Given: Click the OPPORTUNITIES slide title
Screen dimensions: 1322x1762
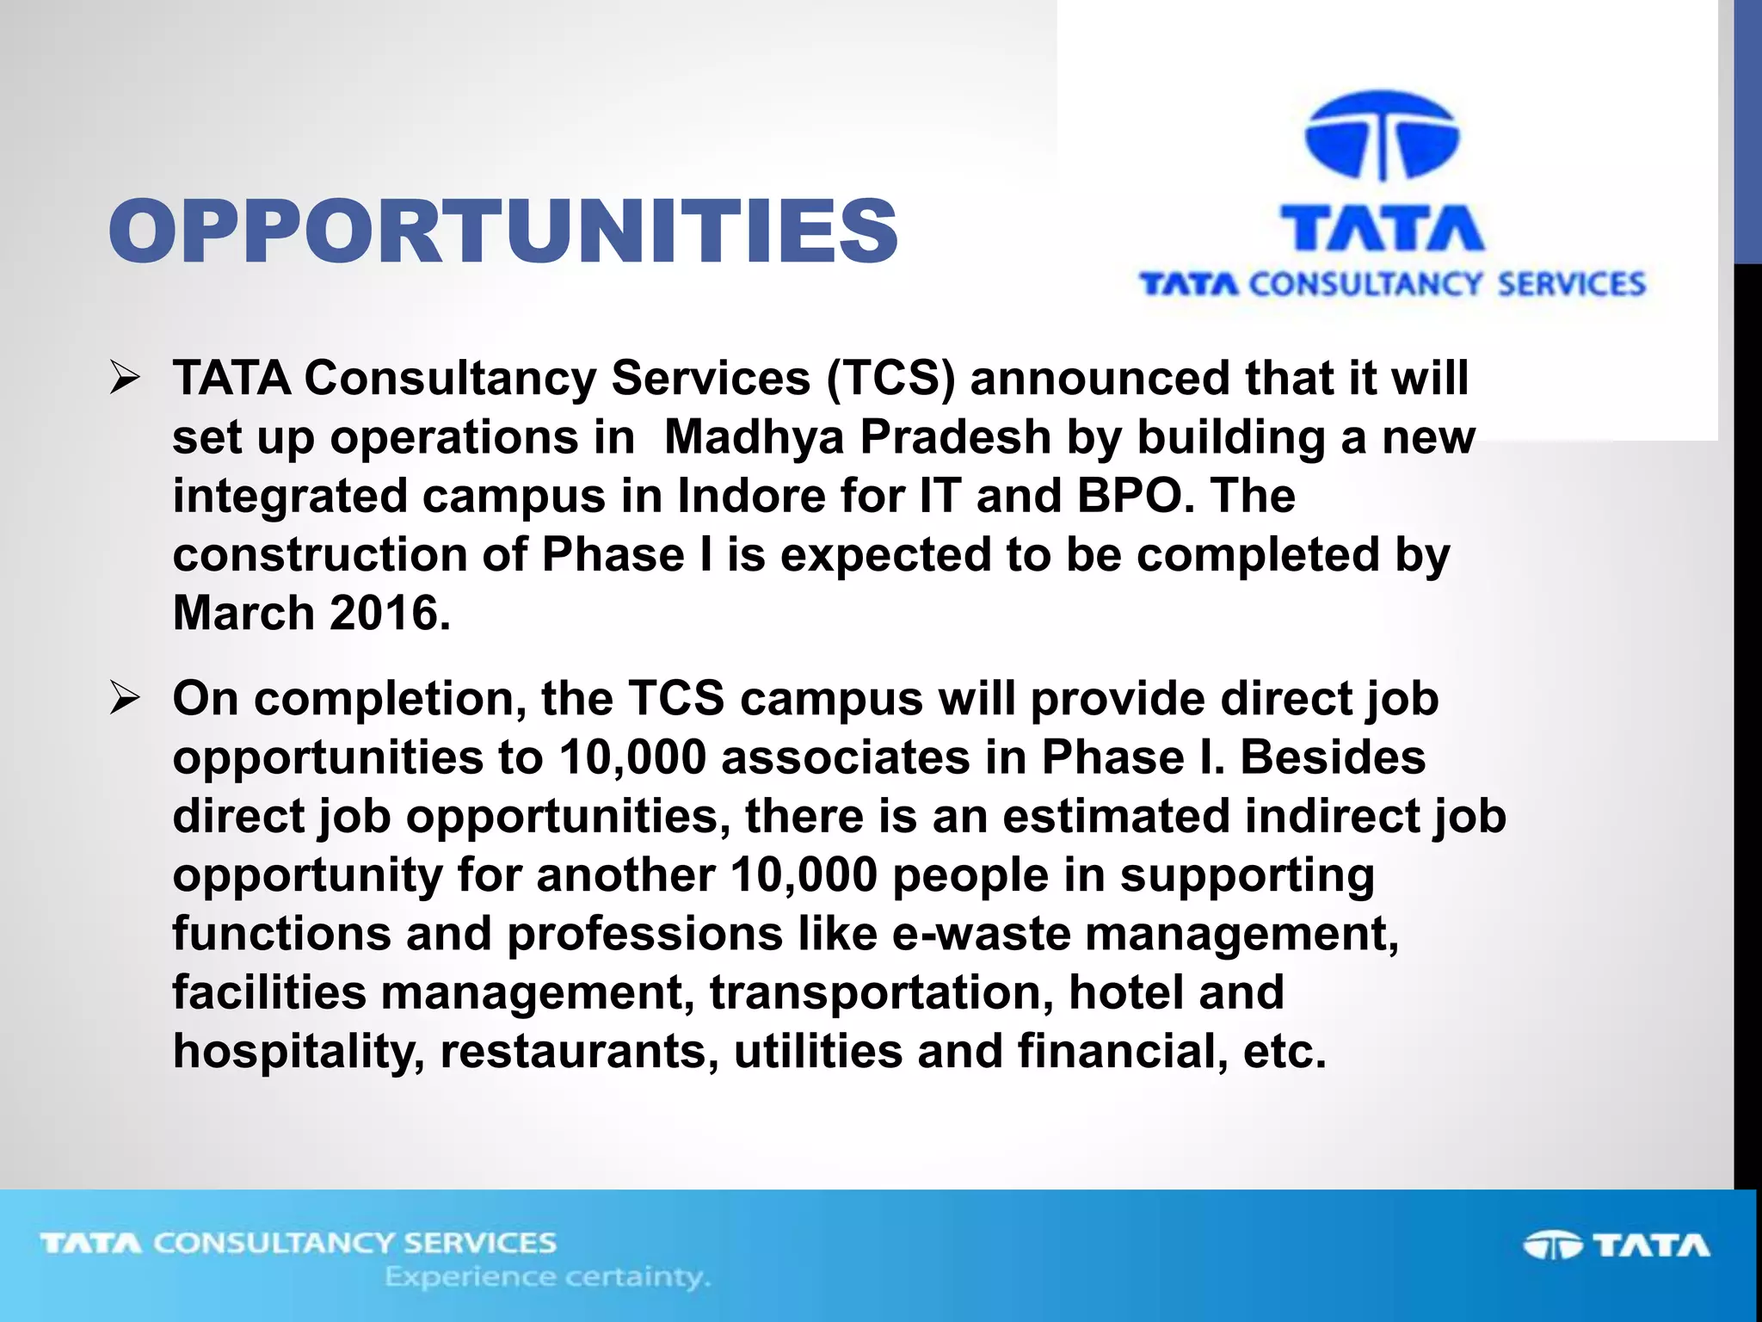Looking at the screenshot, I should click(503, 231).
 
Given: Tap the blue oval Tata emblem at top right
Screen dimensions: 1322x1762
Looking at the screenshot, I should click(1382, 136).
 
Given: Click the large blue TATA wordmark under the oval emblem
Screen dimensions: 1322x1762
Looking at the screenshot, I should click(1383, 228).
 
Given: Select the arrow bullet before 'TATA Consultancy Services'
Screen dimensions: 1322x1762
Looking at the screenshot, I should click(125, 379).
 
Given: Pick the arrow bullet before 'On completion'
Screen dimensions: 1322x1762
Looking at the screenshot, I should click(125, 699).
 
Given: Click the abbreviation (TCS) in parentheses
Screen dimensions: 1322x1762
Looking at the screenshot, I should click(890, 379).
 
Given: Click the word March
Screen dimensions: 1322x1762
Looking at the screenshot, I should click(244, 614).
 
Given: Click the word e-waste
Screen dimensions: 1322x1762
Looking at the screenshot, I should click(981, 934).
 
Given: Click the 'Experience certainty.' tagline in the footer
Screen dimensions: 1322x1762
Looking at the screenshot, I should click(547, 1277).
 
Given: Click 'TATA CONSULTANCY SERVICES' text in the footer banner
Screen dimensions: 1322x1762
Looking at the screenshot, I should click(299, 1243).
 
